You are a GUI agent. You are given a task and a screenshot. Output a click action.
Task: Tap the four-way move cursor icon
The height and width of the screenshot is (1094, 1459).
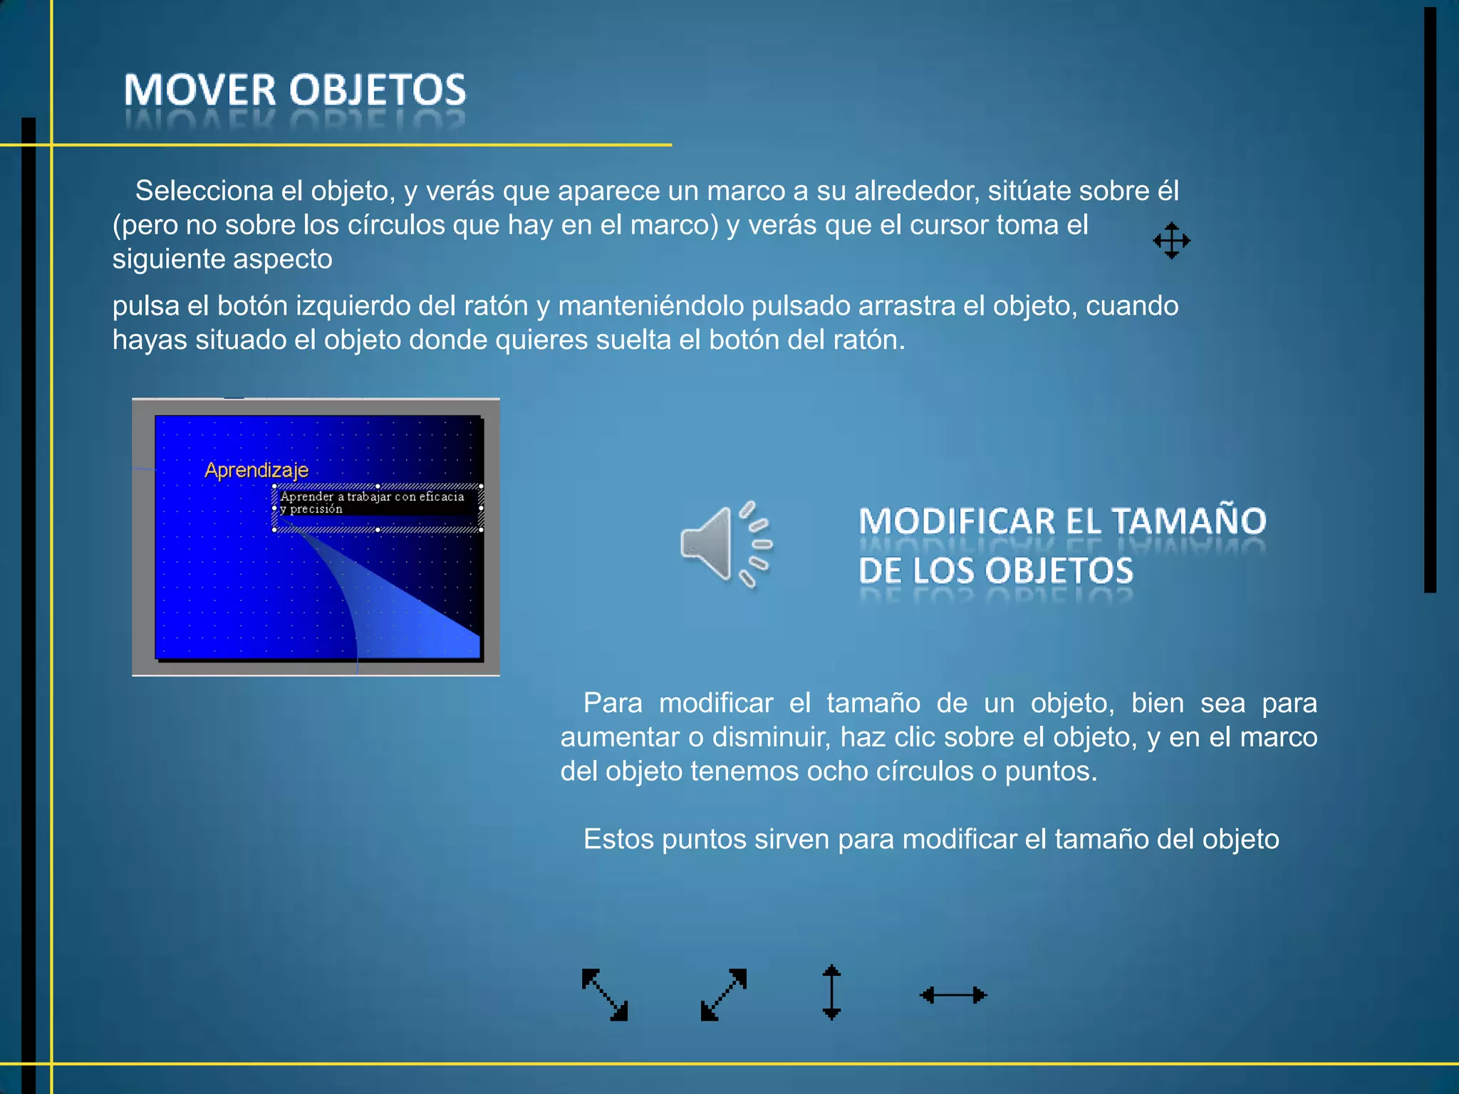[1171, 241]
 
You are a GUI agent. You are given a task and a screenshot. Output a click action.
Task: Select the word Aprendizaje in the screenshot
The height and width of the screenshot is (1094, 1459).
[256, 470]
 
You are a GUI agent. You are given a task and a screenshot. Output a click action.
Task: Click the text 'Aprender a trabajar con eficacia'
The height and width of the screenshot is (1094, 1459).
[372, 496]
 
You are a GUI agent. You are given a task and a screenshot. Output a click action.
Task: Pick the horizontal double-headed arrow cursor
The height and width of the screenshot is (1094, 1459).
[953, 995]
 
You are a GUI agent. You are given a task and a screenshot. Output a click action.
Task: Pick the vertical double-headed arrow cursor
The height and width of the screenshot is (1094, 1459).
[831, 992]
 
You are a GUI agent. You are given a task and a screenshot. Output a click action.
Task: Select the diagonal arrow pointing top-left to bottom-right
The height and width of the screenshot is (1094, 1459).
[605, 994]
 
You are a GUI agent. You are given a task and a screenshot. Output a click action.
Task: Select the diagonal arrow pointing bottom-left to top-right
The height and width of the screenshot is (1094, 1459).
[724, 994]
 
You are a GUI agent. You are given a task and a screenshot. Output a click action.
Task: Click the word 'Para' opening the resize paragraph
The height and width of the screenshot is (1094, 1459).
[613, 703]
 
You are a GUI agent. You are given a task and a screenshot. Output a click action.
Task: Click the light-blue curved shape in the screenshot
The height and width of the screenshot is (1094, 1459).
[399, 613]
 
